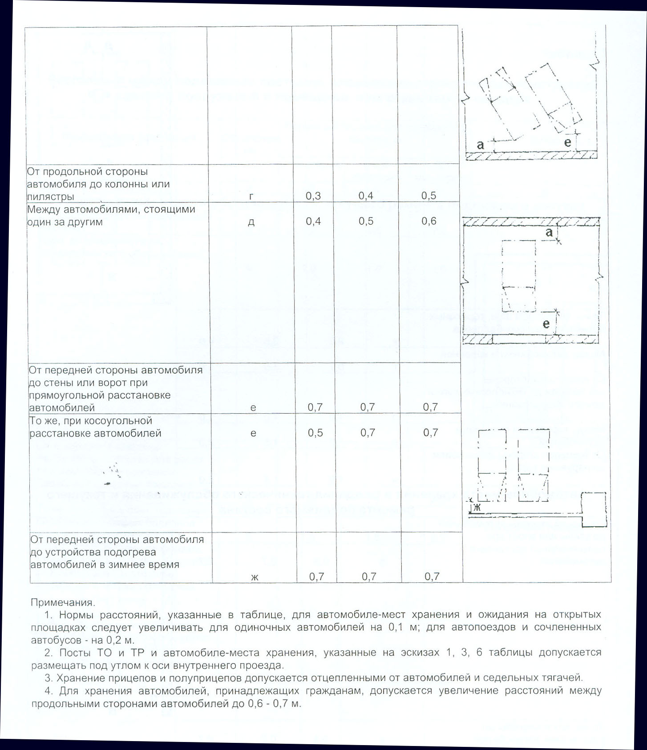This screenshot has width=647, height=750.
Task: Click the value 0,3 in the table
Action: (313, 196)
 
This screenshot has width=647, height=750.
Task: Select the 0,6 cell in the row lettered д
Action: (429, 221)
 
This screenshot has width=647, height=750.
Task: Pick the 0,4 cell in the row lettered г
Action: (366, 196)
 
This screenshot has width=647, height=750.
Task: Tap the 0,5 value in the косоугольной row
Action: (315, 433)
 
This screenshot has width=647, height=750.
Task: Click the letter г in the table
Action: (251, 196)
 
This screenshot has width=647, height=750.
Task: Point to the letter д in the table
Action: (251, 222)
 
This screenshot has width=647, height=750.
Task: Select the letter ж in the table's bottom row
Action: (255, 577)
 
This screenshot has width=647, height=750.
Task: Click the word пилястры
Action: (50, 197)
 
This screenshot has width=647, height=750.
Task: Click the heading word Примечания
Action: (63, 603)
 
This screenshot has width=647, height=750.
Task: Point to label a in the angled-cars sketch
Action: (480, 145)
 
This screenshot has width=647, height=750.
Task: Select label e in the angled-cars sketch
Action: (568, 142)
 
